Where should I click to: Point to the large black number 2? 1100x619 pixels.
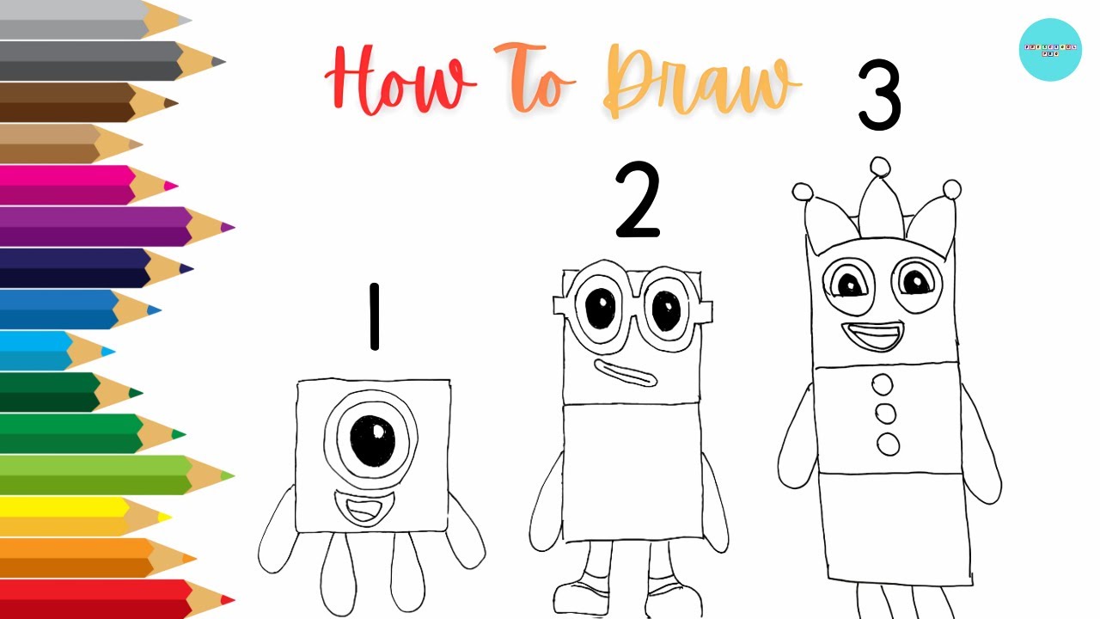coord(638,202)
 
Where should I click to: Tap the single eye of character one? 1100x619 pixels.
coord(371,439)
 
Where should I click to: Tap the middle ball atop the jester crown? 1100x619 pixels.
coord(879,167)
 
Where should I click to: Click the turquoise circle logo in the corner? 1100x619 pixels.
coord(1049,50)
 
